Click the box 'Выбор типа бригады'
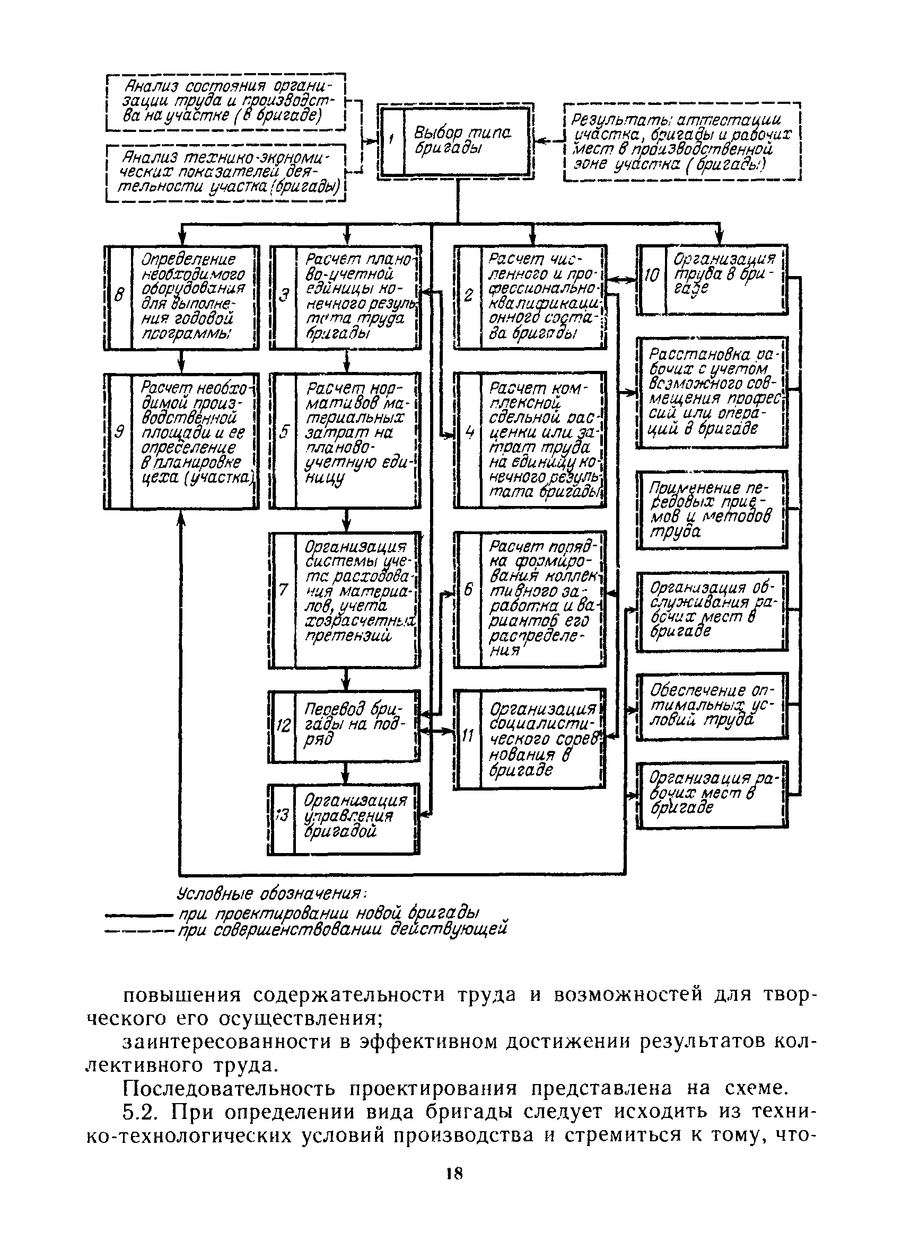(456, 141)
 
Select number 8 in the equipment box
(118, 296)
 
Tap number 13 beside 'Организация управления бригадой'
(281, 815)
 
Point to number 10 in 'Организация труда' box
(652, 274)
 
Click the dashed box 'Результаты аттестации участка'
(681, 142)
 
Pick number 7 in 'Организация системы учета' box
(283, 590)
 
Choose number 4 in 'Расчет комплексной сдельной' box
(469, 432)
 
